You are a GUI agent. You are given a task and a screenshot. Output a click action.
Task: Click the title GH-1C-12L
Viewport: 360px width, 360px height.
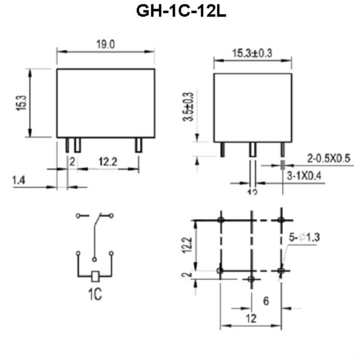pos(181,11)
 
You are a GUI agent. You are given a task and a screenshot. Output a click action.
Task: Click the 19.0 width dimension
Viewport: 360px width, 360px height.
pos(106,45)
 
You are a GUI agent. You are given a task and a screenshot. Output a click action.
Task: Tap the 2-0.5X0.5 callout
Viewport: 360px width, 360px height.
pos(328,158)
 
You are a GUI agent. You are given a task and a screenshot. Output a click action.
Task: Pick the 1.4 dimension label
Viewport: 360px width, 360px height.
pos(19,181)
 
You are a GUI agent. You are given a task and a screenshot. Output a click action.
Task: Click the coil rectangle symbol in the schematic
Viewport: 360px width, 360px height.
pos(95,276)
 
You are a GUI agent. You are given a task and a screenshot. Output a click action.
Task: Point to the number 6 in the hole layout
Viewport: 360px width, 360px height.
pos(266,301)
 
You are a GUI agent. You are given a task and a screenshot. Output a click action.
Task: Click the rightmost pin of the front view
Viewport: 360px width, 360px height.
pos(138,145)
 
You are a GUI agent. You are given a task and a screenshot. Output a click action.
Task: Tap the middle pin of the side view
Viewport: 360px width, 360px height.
pos(253,149)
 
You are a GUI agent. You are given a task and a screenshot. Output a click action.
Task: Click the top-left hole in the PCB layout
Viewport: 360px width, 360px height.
pos(220,220)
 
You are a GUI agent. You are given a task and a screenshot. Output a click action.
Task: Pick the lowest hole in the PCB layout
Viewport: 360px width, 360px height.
pos(251,279)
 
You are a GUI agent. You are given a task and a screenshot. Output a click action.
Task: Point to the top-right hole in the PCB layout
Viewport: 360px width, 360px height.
pos(281,220)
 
